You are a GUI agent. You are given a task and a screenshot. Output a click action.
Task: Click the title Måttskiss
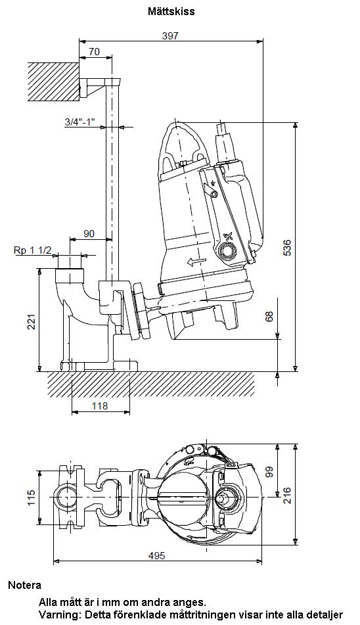(x=171, y=11)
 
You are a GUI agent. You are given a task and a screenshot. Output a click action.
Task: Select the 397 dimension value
(x=170, y=35)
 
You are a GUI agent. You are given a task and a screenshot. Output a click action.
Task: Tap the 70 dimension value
(x=95, y=51)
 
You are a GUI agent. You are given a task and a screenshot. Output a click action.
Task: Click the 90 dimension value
(x=89, y=233)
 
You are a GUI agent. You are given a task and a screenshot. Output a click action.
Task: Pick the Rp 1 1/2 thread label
(x=33, y=250)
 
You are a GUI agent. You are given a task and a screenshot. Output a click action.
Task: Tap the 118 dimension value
(x=100, y=405)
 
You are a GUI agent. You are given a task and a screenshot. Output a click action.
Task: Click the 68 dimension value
(x=269, y=317)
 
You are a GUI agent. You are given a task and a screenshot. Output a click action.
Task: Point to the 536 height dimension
(x=286, y=248)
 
